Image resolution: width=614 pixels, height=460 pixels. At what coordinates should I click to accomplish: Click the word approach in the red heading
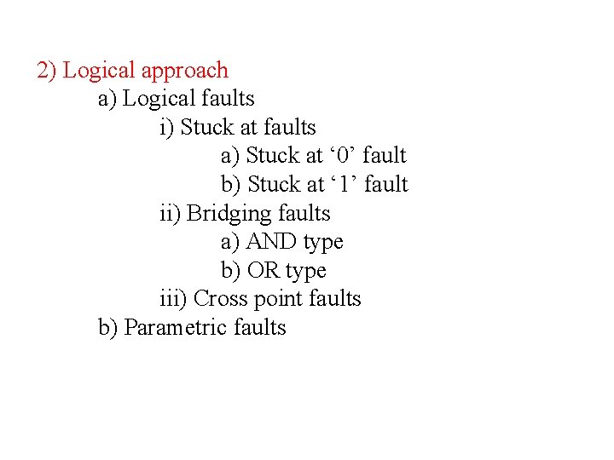[187, 71]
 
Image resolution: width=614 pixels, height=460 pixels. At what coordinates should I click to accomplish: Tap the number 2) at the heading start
[47, 71]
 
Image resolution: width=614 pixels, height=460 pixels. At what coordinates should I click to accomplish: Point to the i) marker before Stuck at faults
[167, 128]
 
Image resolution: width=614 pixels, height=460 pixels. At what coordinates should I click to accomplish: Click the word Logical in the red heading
[101, 71]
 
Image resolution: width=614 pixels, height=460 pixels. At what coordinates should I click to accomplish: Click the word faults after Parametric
[261, 328]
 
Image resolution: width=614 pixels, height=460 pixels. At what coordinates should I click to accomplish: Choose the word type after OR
[306, 272]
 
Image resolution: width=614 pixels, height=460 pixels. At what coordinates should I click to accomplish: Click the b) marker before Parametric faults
[108, 328]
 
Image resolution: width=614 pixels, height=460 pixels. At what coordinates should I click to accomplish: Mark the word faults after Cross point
[336, 299]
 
